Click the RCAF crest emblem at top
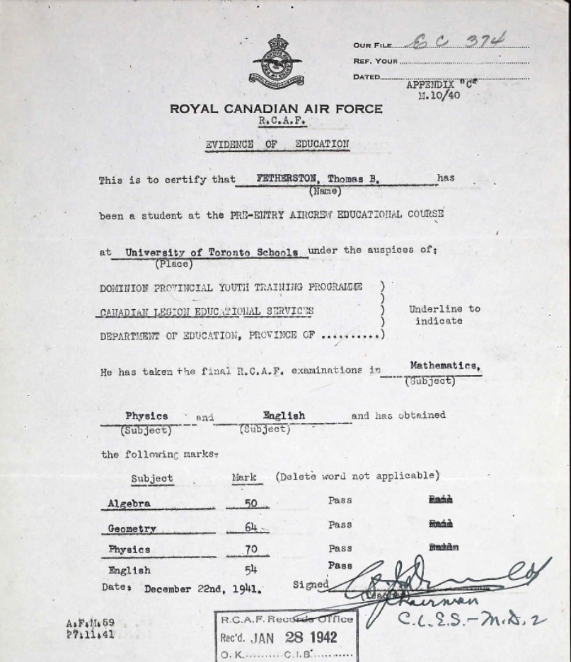click(277, 62)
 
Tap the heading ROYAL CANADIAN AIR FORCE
click(276, 109)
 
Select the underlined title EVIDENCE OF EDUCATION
click(277, 144)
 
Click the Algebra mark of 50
click(242, 504)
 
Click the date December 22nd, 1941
click(203, 588)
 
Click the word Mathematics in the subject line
click(445, 366)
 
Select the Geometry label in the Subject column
click(132, 528)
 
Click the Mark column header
click(244, 477)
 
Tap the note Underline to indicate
click(444, 315)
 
